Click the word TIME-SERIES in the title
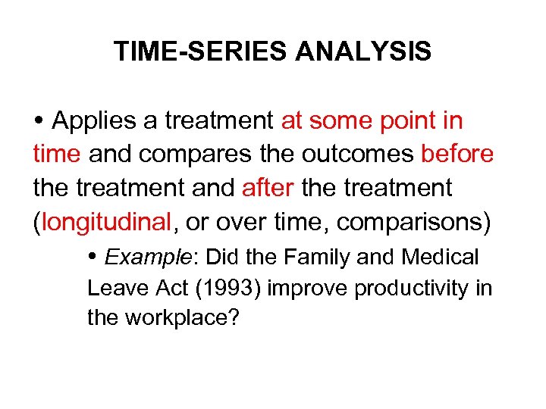pos(201,52)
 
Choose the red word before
pos(458,154)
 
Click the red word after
pos(268,187)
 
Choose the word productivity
pos(406,288)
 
